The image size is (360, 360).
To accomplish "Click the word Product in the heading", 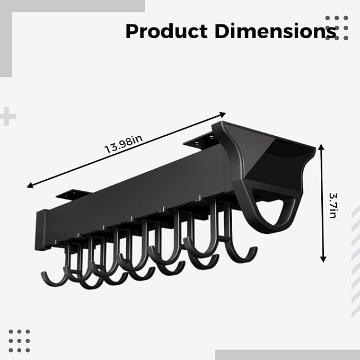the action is [166, 31].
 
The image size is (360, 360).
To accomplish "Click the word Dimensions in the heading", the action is [275, 31].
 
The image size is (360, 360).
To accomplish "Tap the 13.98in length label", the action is [124, 144].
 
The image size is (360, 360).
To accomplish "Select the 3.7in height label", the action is [332, 205].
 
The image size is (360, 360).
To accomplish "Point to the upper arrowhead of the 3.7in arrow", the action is [321, 146].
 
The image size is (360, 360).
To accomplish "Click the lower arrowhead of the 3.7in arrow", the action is [323, 259].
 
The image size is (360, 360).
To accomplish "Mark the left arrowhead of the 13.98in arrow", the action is [30, 185].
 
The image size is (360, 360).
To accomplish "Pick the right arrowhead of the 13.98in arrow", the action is [223, 114].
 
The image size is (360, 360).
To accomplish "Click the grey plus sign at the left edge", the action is [7, 116].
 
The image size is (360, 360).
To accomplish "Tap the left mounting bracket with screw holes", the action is [74, 194].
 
